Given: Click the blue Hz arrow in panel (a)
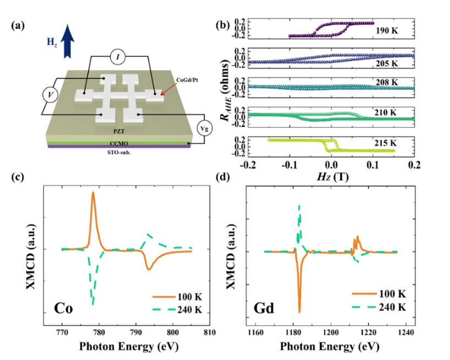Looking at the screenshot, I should tap(68, 43).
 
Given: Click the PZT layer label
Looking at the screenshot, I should tap(122, 133).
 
